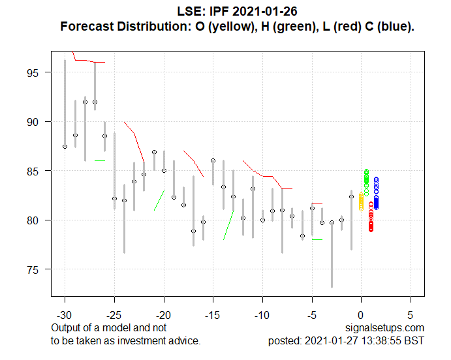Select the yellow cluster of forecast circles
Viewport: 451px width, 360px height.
pos(361,202)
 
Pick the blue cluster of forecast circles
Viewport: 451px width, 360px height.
pos(376,194)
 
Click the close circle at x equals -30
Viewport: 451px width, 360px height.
pos(65,147)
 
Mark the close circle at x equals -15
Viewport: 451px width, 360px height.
pos(213,160)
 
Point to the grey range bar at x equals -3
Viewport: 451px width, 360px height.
pos(332,254)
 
